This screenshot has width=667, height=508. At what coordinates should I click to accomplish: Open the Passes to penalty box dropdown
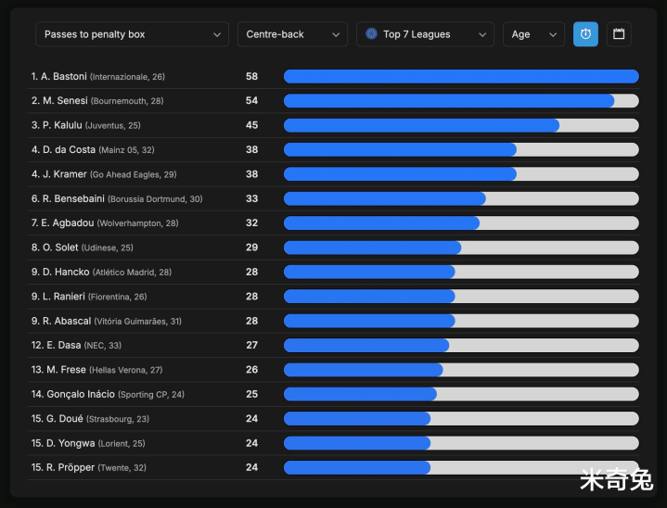click(x=132, y=34)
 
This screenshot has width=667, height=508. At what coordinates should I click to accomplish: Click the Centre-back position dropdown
click(x=292, y=34)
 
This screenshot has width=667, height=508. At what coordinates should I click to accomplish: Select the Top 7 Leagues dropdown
click(x=425, y=34)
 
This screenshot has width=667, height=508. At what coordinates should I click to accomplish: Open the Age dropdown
click(x=533, y=34)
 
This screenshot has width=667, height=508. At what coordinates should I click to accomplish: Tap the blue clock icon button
click(x=585, y=34)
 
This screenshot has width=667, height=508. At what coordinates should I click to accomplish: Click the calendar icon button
click(x=619, y=34)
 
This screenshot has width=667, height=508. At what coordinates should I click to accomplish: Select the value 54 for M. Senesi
click(x=251, y=100)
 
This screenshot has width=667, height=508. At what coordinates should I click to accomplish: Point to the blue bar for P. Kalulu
click(x=421, y=125)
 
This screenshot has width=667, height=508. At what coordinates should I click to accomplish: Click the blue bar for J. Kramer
click(x=400, y=173)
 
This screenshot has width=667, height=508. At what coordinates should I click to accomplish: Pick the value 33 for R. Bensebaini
click(x=251, y=198)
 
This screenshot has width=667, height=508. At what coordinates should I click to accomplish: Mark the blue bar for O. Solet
click(x=372, y=248)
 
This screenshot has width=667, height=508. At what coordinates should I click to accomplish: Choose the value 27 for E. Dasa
click(x=251, y=345)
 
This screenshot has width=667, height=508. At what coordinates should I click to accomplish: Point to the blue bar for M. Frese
click(x=363, y=369)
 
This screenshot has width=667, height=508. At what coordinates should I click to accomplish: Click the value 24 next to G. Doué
click(x=251, y=418)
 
